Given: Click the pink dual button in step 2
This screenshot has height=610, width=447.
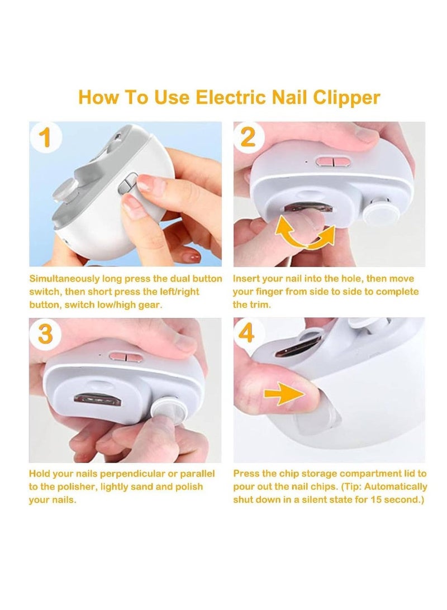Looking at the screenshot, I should tap(331, 162).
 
